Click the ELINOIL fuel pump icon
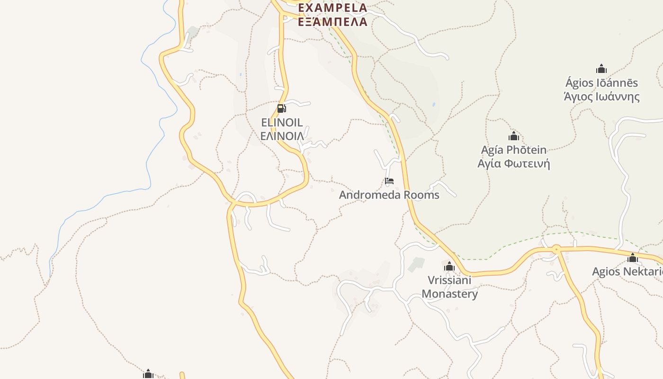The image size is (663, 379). (281, 108)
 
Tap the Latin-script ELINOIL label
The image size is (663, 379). (282, 123)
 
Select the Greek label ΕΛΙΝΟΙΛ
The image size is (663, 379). (282, 136)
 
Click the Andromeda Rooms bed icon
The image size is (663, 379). (389, 181)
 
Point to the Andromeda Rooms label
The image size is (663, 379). (389, 195)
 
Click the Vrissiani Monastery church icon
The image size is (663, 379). (449, 266)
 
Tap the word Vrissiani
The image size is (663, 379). (449, 280)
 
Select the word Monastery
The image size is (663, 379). (449, 294)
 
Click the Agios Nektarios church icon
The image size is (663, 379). (633, 258)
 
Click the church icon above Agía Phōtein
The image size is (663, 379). (514, 136)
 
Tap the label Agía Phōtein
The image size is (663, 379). (514, 150)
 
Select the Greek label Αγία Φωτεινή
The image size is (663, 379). (514, 164)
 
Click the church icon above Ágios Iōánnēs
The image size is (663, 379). (601, 69)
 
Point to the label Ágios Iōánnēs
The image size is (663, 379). (601, 83)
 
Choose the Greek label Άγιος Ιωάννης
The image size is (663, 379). (601, 97)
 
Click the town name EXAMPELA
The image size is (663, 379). (332, 8)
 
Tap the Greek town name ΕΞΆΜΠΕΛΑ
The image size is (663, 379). (332, 21)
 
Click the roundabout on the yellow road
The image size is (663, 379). (556, 249)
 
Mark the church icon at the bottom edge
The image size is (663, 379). (148, 374)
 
